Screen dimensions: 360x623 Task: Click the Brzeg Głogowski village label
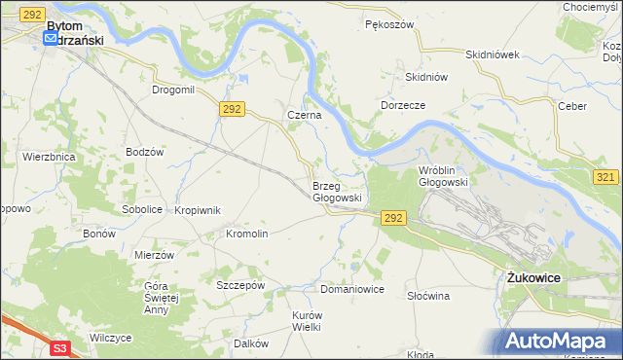(337, 191)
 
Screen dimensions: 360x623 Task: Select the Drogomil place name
(174, 90)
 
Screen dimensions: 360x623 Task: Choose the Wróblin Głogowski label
(444, 176)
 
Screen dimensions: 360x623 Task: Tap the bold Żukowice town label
(533, 277)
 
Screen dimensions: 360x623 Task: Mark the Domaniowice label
(352, 289)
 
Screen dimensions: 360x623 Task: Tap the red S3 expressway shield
(60, 346)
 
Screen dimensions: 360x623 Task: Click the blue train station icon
(51, 39)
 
